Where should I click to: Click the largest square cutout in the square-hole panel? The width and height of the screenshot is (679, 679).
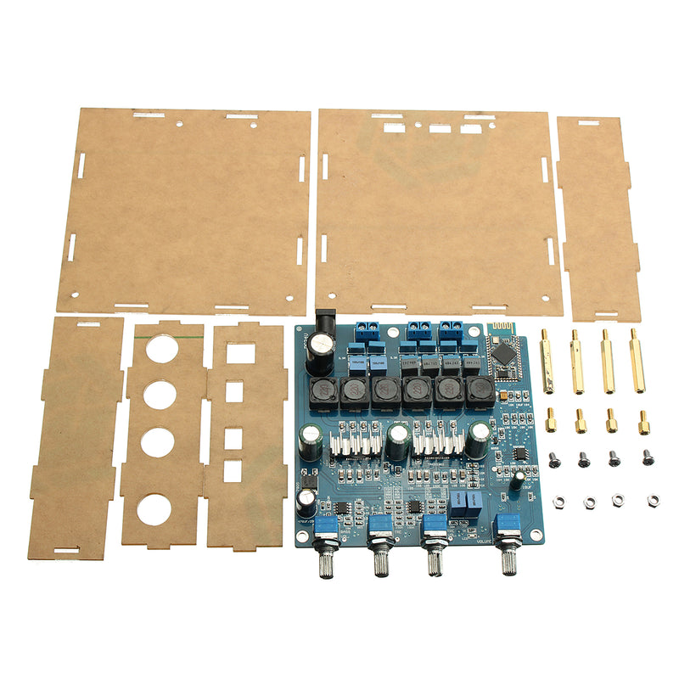point(241,352)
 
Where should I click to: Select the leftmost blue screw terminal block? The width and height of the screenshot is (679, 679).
point(366,334)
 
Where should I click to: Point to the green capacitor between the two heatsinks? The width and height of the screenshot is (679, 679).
point(397,441)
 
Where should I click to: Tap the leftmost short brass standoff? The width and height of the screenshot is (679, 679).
point(552,419)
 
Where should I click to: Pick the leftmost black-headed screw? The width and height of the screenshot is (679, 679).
point(553,459)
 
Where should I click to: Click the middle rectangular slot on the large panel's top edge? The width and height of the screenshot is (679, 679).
point(440,129)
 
